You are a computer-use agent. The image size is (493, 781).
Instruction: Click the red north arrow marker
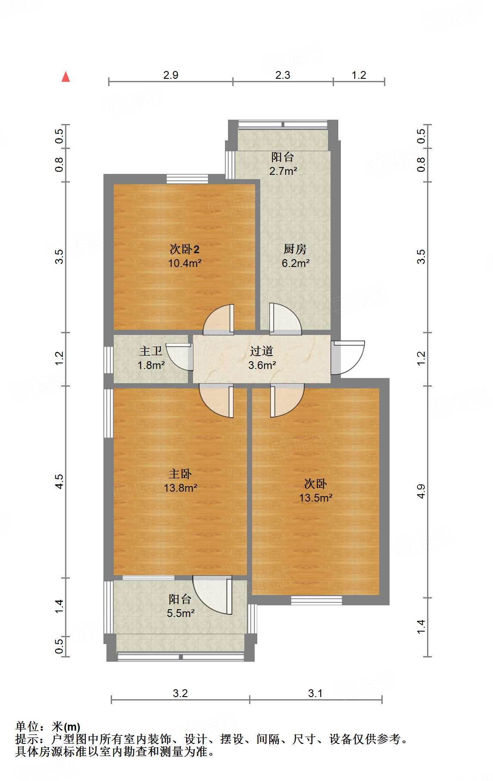66,77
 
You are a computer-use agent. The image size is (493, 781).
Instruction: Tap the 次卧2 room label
184,249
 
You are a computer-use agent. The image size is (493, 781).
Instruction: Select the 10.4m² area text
185,263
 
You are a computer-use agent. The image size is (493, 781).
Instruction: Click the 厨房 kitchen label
295,249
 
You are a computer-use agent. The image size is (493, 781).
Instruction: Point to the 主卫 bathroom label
151,351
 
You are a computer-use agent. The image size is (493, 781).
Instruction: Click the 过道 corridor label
262,351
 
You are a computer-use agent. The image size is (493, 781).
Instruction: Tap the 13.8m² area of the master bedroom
180,488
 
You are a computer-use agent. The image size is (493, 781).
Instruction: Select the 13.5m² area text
315,498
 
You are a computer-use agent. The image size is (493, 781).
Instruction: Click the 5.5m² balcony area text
181,613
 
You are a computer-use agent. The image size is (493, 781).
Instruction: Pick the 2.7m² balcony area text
283,171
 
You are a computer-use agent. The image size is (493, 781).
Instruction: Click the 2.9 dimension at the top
171,75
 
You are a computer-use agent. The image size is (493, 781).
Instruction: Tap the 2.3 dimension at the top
283,75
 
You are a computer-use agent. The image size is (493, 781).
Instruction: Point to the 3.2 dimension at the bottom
180,693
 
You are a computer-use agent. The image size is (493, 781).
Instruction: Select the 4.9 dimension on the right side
421,491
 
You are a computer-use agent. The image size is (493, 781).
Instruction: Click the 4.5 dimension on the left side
59,481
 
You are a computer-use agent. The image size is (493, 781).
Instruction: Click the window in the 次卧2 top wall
187,179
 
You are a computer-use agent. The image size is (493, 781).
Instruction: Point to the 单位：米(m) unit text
48,727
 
